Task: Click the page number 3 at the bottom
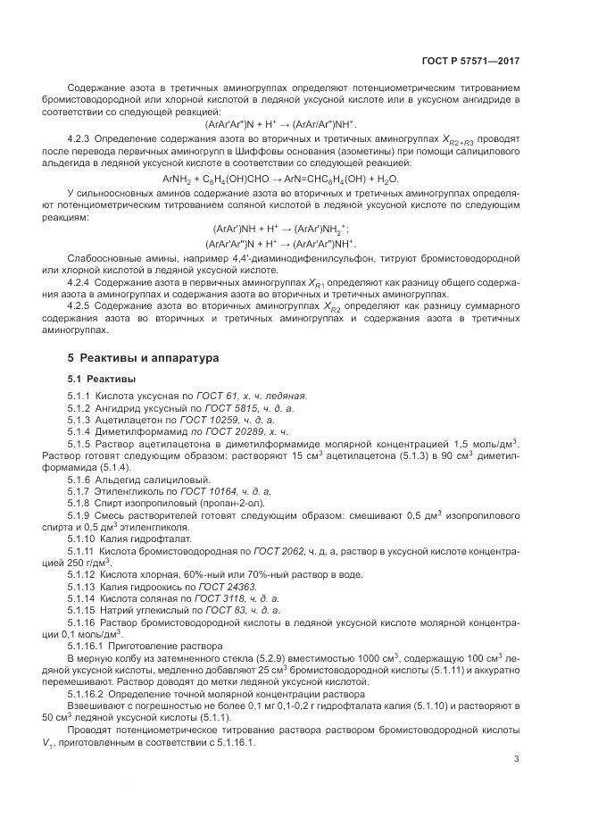517,761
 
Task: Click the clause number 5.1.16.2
86,693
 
